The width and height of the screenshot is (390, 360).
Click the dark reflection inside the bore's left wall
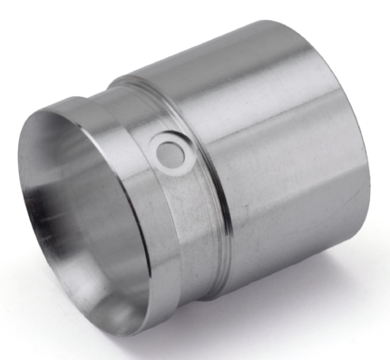(x=41, y=209)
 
